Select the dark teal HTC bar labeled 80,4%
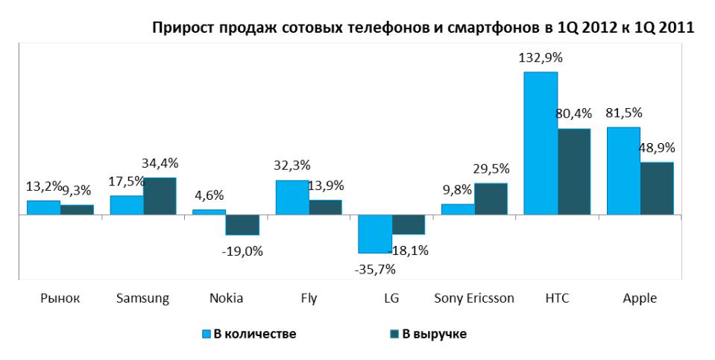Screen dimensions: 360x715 click(573, 171)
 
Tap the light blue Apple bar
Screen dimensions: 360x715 click(623, 171)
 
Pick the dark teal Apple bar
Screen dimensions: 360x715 click(657, 189)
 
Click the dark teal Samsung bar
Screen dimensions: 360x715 click(160, 196)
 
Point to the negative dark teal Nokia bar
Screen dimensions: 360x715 click(242, 224)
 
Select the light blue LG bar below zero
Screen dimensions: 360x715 click(375, 233)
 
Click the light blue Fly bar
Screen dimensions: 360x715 click(292, 198)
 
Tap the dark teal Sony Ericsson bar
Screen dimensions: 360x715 click(491, 199)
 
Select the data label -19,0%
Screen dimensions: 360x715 click(242, 251)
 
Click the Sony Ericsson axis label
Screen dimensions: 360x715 click(473, 298)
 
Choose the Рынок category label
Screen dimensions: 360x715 click(60, 298)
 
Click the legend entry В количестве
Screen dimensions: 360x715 click(249, 334)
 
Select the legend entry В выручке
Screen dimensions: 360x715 click(427, 334)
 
